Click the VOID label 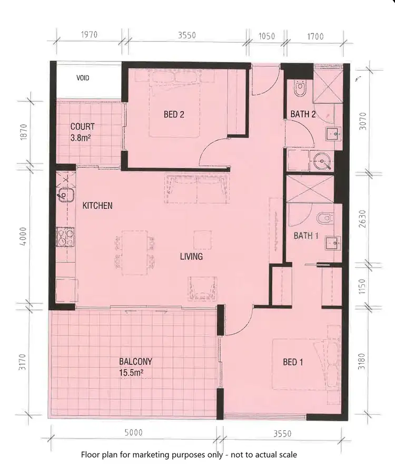(x=83, y=78)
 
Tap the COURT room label (x=83, y=127)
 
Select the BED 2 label (x=173, y=113)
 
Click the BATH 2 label (x=302, y=114)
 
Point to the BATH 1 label (x=306, y=236)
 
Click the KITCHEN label (x=97, y=206)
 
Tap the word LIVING (x=191, y=257)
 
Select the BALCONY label (x=135, y=362)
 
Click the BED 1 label (x=293, y=362)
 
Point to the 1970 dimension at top (x=90, y=36)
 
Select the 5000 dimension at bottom (x=133, y=433)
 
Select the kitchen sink (x=64, y=194)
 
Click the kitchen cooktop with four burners (x=65, y=237)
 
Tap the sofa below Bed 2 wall (x=197, y=189)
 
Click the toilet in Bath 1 (x=325, y=217)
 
